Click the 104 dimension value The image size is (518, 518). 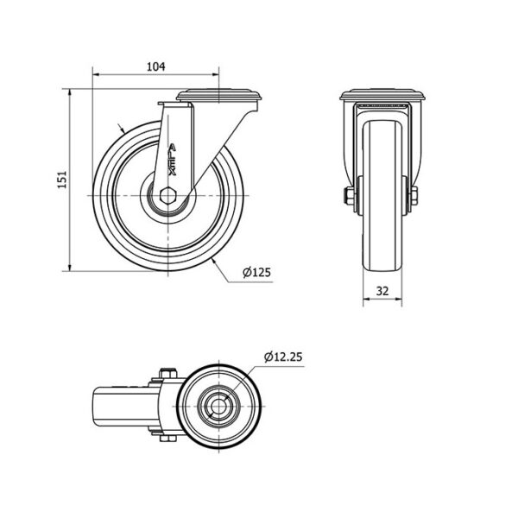(155, 66)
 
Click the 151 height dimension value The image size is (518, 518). (62, 180)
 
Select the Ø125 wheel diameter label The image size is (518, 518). (256, 272)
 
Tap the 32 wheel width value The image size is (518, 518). (382, 291)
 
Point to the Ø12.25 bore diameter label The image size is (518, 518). (283, 357)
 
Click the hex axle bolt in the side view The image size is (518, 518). (168, 196)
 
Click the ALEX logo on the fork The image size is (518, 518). (172, 159)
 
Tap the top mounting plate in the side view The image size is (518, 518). (219, 95)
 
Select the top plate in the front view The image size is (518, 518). (382, 95)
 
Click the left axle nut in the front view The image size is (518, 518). (349, 196)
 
